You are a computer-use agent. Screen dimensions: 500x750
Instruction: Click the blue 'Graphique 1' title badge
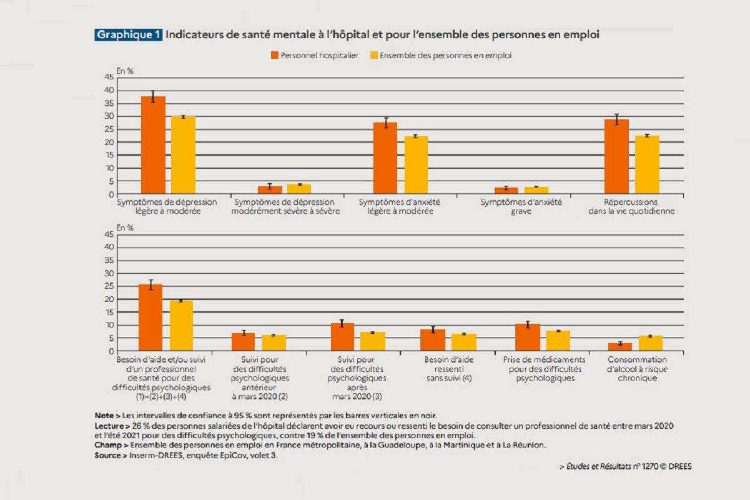click(x=129, y=35)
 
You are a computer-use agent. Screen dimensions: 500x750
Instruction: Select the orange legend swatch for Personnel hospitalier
click(x=274, y=56)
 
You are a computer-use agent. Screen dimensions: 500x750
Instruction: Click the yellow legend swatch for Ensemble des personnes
click(x=375, y=56)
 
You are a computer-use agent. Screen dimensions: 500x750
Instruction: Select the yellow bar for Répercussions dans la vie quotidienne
click(x=647, y=165)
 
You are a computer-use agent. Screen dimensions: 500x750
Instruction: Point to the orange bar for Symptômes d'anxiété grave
click(x=506, y=191)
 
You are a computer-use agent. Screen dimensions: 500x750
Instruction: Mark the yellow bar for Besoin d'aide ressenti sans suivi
click(x=464, y=342)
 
